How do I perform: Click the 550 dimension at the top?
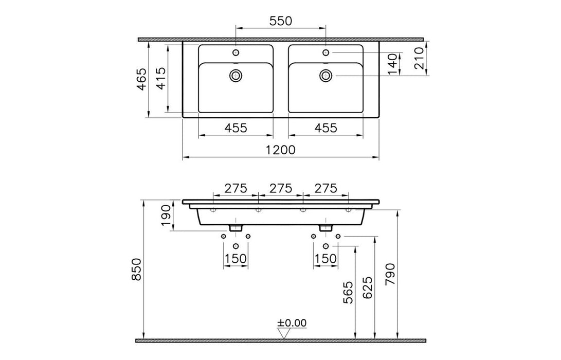coord(281,21)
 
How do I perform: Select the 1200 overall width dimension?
coord(281,150)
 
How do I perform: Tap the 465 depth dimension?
coord(142,79)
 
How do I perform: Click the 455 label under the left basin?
coord(236,128)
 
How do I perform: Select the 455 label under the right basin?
coord(325,128)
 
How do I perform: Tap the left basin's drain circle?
coord(236,75)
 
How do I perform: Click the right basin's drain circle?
coord(325,75)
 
